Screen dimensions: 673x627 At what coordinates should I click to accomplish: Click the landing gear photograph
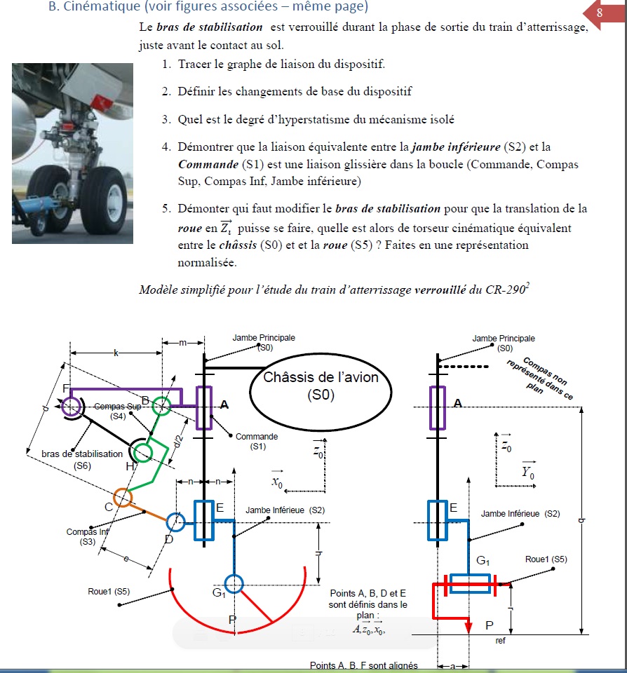point(72,153)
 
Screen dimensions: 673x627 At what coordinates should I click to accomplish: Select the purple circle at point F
point(70,406)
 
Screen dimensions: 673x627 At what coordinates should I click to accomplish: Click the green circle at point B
point(162,405)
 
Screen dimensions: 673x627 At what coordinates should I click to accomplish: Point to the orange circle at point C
point(122,497)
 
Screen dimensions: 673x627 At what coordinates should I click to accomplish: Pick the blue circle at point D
point(176,521)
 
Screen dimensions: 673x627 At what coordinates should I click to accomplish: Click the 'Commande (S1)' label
point(256,441)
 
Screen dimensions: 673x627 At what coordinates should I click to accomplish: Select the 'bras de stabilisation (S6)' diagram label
point(82,459)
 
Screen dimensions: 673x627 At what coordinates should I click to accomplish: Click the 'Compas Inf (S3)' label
point(87,536)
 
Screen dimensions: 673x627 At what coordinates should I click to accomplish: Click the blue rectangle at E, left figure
point(203,520)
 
